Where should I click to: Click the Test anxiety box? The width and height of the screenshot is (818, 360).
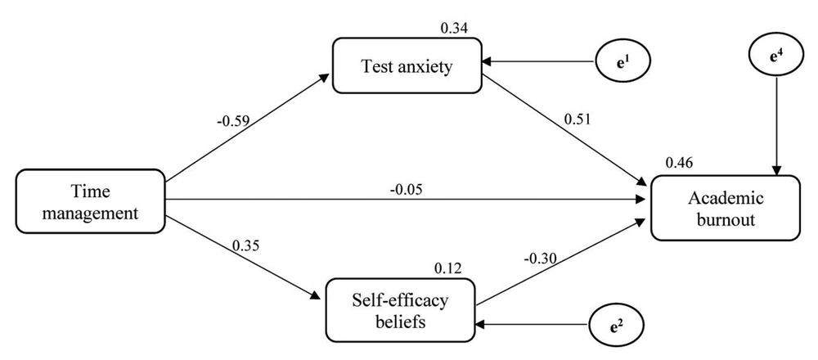(407, 65)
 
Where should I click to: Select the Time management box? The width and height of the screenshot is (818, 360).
(90, 201)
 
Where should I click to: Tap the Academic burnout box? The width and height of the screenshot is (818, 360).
(725, 208)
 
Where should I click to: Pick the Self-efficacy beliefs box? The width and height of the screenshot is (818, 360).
(401, 310)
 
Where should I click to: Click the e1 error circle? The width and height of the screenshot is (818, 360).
(622, 61)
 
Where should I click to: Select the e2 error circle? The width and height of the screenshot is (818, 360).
(617, 325)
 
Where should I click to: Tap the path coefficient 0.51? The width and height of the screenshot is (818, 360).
(578, 119)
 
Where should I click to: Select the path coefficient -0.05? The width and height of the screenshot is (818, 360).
(406, 190)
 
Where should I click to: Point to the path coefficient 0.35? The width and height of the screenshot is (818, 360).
(245, 244)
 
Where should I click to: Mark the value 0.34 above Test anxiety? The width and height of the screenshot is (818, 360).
(454, 27)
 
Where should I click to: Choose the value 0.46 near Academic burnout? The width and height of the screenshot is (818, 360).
(679, 164)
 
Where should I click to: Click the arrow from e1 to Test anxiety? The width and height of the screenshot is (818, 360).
(538, 61)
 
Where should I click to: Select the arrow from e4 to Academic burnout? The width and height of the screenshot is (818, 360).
(777, 125)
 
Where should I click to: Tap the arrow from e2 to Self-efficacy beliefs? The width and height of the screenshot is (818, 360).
(533, 325)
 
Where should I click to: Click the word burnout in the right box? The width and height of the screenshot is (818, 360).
(726, 218)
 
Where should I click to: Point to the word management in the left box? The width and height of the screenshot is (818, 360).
(90, 214)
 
